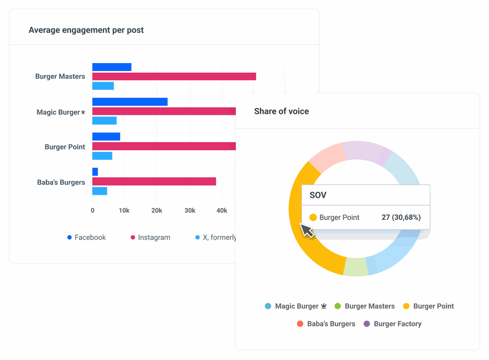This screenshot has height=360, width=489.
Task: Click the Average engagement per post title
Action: (86, 30)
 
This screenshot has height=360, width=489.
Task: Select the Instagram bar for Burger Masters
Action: (174, 76)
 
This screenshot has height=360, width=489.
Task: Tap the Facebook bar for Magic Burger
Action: (129, 102)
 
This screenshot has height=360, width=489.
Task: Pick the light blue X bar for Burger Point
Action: (102, 156)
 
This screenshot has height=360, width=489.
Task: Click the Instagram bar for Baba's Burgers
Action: (154, 181)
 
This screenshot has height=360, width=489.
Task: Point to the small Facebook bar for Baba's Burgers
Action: (95, 172)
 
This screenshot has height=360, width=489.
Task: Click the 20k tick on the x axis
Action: (157, 211)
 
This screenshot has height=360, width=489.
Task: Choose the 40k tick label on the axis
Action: (222, 211)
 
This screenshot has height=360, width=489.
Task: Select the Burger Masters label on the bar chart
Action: (60, 76)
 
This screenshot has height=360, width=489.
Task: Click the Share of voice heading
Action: (281, 111)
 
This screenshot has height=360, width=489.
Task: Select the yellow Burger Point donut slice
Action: (306, 239)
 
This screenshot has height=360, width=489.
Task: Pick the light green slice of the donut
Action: (356, 267)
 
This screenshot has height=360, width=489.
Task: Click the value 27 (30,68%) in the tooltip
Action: (401, 217)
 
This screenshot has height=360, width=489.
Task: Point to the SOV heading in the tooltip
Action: (318, 195)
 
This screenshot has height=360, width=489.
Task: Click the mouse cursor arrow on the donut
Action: (307, 230)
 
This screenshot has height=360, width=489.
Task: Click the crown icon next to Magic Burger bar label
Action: (83, 112)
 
